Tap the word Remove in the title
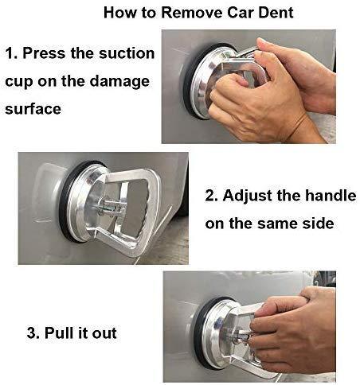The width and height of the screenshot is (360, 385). tap(192, 13)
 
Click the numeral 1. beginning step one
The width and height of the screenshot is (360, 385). tap(12, 53)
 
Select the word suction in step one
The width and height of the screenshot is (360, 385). tap(126, 53)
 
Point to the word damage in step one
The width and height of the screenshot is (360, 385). tap(119, 81)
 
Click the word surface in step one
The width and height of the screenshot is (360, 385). tap(33, 109)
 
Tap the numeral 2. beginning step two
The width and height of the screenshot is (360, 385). tap(212, 196)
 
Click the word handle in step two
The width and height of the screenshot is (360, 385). tap(331, 196)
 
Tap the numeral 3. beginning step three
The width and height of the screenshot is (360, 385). tap(33, 332)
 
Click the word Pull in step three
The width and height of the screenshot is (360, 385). tap(58, 332)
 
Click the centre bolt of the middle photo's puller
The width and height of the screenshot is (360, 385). tap(111, 206)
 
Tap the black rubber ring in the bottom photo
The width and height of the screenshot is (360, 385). tap(198, 334)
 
